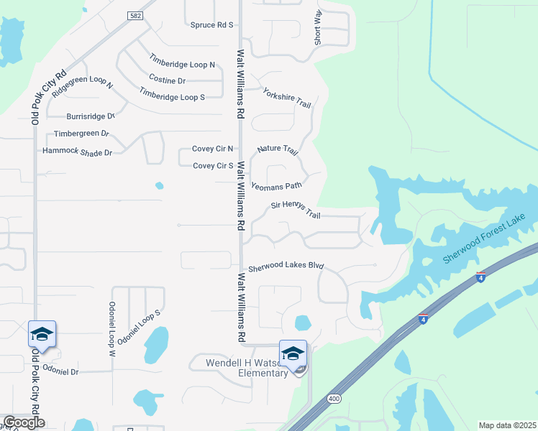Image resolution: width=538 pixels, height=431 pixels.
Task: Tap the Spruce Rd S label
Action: pos(212,25)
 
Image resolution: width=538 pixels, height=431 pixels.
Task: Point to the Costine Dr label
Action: pos(167,80)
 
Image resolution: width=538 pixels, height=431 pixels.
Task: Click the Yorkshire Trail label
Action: pos(286,98)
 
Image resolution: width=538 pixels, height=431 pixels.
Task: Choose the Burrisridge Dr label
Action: pos(91,116)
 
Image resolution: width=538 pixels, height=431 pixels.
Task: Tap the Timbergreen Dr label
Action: pos(81,134)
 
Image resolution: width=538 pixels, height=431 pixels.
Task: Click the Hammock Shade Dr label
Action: pos(77,152)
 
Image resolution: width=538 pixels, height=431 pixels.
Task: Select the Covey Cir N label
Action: pos(212,149)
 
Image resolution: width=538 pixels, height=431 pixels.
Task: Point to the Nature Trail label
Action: pos(278,150)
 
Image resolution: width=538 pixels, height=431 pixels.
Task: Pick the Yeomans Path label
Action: pos(276,185)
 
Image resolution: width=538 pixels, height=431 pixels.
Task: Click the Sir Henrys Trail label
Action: pos(295,208)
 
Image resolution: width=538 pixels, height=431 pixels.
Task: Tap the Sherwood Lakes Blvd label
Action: pos(286,267)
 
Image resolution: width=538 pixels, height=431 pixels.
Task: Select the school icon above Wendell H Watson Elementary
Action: pos(293,353)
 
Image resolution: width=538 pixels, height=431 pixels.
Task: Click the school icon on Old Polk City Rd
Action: pos(42,334)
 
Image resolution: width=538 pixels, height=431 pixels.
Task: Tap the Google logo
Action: pos(24,422)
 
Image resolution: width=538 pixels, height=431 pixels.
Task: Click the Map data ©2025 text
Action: pos(507,425)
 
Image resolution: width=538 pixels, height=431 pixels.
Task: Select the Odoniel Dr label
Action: pos(60,371)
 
